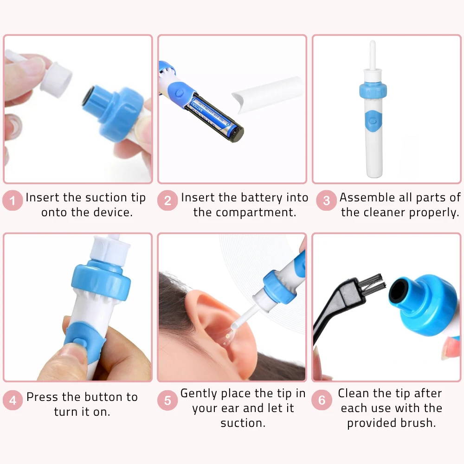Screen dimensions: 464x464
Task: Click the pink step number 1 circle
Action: pyautogui.click(x=13, y=200)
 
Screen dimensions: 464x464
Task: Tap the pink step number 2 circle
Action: pyautogui.click(x=168, y=200)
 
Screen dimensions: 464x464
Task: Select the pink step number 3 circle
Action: pyautogui.click(x=326, y=200)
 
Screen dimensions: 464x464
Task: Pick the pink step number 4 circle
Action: pyautogui.click(x=13, y=400)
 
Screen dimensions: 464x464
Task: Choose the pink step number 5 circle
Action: pyautogui.click(x=168, y=400)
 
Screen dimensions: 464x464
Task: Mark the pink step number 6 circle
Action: pyautogui.click(x=322, y=400)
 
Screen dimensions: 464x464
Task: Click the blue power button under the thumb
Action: pyautogui.click(x=80, y=342)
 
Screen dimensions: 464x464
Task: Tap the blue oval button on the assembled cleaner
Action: pyautogui.click(x=374, y=121)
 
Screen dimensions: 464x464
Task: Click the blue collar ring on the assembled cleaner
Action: pyautogui.click(x=373, y=90)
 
